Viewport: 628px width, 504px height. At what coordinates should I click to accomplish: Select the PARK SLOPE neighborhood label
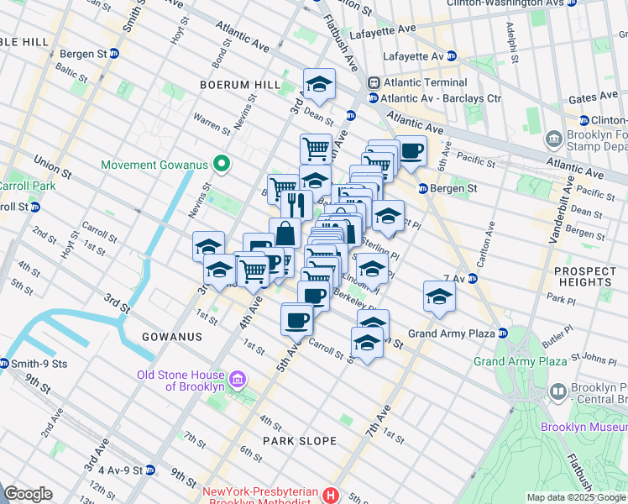click(299, 441)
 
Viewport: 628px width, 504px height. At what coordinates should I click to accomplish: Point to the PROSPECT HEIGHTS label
click(591, 276)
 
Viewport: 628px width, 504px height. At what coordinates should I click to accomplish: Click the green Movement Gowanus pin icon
click(222, 164)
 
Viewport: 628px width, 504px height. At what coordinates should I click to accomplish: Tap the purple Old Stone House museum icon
click(238, 381)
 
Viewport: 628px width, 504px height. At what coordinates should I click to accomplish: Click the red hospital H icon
click(333, 495)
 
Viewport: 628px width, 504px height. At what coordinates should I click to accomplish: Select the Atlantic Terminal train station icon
click(373, 83)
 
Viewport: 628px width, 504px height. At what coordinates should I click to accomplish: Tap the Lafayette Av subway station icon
click(451, 56)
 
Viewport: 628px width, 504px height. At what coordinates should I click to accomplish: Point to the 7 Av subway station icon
click(471, 278)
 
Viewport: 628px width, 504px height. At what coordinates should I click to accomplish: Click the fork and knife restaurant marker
click(295, 204)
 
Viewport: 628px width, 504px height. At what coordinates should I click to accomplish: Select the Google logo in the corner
click(28, 494)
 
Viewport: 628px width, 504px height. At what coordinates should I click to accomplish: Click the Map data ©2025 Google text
click(576, 497)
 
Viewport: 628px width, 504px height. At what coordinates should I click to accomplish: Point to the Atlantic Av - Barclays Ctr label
click(440, 98)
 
